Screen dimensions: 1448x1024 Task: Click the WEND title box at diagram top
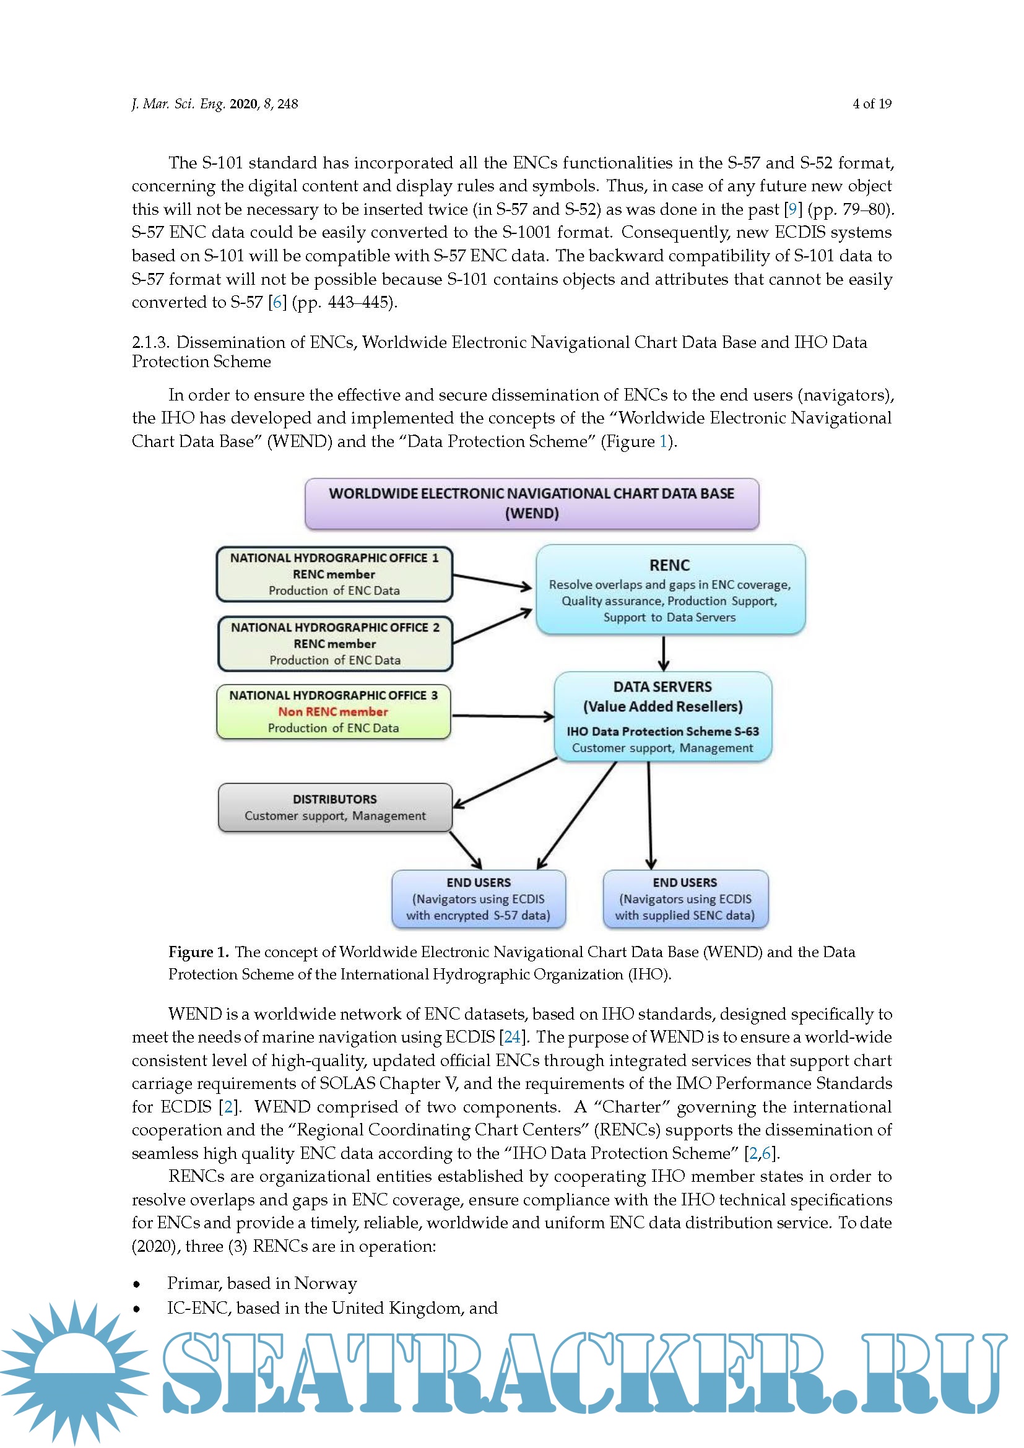pyautogui.click(x=532, y=503)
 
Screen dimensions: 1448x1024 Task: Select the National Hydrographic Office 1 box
pyautogui.click(x=334, y=574)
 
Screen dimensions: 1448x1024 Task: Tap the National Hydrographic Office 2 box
pyautogui.click(x=335, y=643)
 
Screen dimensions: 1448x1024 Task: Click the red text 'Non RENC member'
pyautogui.click(x=333, y=711)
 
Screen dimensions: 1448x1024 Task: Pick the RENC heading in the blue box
pyautogui.click(x=669, y=565)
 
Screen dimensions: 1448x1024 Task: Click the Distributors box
pyautogui.click(x=335, y=807)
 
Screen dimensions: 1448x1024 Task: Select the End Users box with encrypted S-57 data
pyautogui.click(x=478, y=899)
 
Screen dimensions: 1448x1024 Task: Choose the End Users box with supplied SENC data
pyautogui.click(x=685, y=899)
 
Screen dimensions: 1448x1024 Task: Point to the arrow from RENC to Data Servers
pyautogui.click(x=663, y=653)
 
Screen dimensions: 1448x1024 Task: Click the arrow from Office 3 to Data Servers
pyautogui.click(x=503, y=716)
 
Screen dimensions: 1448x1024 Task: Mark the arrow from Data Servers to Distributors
pyautogui.click(x=505, y=782)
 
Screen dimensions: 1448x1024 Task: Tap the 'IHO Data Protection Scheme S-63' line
pyautogui.click(x=662, y=731)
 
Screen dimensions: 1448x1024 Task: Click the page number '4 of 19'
pyautogui.click(x=872, y=104)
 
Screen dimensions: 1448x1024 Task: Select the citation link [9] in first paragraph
pyautogui.click(x=792, y=209)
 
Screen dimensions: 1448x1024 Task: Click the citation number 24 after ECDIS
pyautogui.click(x=512, y=1038)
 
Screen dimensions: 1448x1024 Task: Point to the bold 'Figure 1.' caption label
pyautogui.click(x=198, y=952)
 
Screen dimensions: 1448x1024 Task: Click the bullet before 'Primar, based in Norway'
pyautogui.click(x=137, y=1283)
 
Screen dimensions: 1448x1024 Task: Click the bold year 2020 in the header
pyautogui.click(x=243, y=104)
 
